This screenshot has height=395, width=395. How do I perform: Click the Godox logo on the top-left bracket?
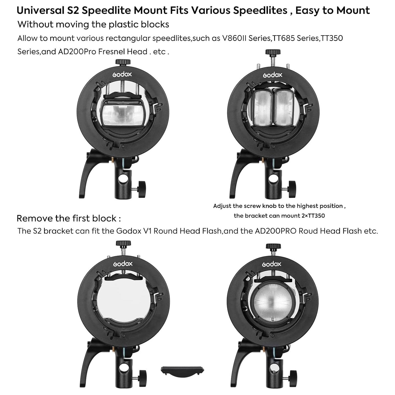point(122,74)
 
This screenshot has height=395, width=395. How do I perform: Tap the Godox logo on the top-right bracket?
point(273,75)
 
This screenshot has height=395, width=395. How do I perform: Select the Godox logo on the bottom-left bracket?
point(123,264)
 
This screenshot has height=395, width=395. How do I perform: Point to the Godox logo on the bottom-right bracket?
point(272,264)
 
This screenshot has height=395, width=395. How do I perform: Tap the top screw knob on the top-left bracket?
point(123,62)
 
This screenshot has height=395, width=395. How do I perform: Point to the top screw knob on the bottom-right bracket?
point(273,247)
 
